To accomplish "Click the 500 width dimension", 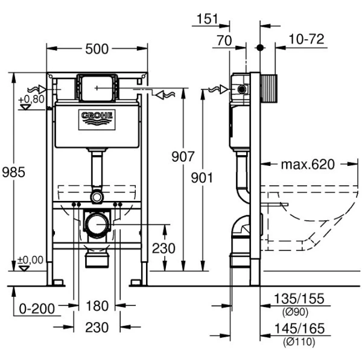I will [97, 49].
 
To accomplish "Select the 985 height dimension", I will [13, 172].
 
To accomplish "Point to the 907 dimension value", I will [183, 157].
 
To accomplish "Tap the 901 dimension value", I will [202, 179].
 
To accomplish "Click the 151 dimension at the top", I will [206, 19].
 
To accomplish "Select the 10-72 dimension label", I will [306, 39].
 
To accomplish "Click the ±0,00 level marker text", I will [31, 260].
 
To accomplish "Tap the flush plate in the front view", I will [97, 89].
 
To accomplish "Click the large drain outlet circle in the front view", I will [97, 224].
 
